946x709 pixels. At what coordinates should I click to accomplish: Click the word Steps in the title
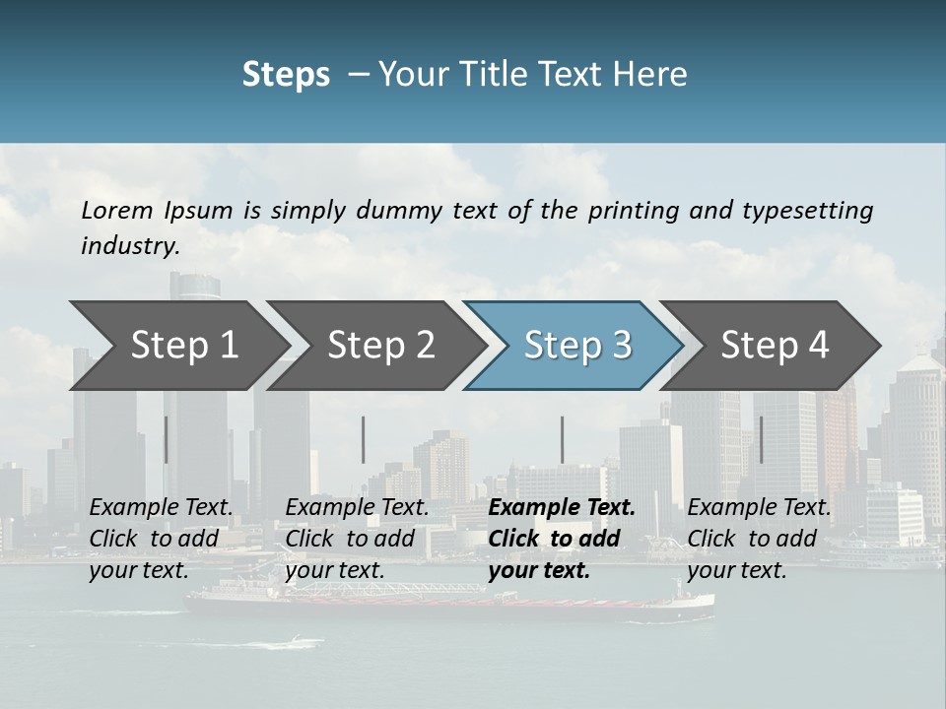point(286,75)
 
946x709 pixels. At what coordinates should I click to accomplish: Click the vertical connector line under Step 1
point(166,439)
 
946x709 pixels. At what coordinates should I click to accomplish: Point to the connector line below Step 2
point(364,439)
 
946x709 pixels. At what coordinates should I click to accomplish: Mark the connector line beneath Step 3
point(562,439)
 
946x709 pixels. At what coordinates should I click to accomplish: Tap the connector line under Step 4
point(761,439)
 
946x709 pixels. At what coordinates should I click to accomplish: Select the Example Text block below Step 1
point(162,539)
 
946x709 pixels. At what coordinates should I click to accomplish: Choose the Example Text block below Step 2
point(358,539)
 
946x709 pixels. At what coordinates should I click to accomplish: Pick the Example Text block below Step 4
point(759,539)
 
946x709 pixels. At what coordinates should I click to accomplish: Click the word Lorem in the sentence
point(116,210)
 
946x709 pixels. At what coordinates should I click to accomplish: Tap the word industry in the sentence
point(129,246)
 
